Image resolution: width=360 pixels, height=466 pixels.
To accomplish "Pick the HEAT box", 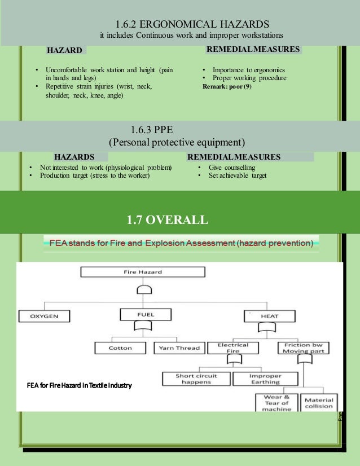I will (x=269, y=316).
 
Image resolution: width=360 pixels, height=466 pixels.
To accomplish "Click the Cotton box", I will (x=120, y=348).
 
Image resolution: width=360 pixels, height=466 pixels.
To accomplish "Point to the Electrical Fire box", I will (x=232, y=348).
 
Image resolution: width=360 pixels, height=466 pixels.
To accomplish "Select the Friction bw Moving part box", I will (x=304, y=348).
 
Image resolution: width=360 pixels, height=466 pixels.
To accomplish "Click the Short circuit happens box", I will (x=195, y=379).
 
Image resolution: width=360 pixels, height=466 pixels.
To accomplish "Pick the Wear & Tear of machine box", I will (x=276, y=403).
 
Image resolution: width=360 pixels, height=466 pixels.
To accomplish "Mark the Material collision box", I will (x=319, y=403).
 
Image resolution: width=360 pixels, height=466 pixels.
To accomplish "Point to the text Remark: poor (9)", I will (x=227, y=87).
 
